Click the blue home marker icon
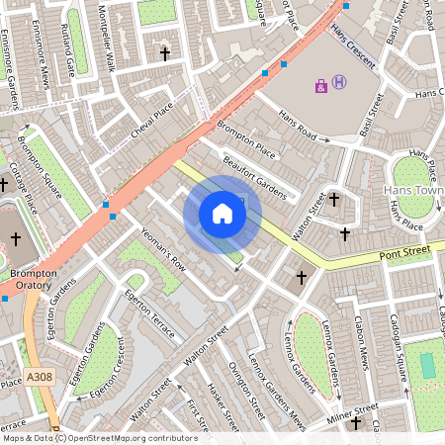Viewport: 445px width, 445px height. tap(222, 214)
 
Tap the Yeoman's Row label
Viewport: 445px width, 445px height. tap(163, 251)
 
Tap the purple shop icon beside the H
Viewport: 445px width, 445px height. tap(321, 86)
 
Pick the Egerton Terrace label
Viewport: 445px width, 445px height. tap(148, 313)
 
